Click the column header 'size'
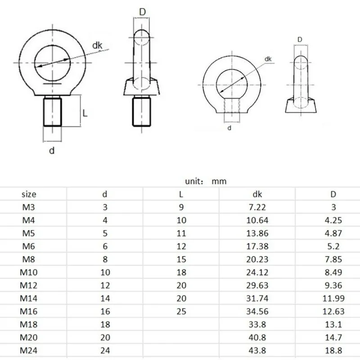tap(28, 195)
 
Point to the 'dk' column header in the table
tap(256, 195)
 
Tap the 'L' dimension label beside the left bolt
tap(84, 113)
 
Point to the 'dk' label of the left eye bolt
tap(98, 45)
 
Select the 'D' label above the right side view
tap(300, 40)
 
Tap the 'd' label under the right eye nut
tap(229, 128)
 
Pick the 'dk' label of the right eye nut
tap(268, 59)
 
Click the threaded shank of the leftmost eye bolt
tap(52, 112)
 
